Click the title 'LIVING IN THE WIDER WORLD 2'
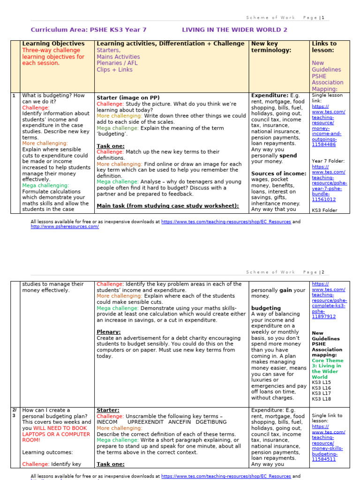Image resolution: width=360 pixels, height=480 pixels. click(234, 30)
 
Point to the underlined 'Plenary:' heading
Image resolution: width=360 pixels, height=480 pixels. click(108, 332)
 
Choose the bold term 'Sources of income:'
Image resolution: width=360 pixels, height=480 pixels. click(278, 173)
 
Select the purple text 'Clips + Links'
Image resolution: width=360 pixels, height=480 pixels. click(114, 70)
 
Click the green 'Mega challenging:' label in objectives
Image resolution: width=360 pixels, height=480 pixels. click(45, 186)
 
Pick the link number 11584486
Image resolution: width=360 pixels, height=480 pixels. click(324, 145)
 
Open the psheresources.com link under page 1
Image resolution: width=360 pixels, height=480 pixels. click(65, 227)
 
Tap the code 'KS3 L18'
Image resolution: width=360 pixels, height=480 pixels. click(321, 399)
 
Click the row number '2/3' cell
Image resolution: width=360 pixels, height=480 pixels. click(14, 413)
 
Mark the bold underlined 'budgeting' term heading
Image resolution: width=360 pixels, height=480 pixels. click(266, 308)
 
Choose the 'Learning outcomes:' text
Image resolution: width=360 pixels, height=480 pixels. click(47, 452)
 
